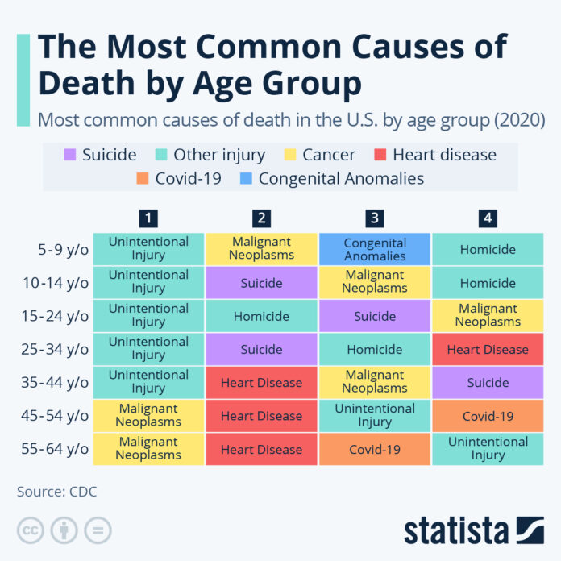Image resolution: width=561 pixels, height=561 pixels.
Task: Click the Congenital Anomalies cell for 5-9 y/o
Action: pos(375,250)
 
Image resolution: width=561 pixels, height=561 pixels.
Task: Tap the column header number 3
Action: pos(374,217)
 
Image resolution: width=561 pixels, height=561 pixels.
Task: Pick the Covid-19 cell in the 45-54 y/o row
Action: pos(488,416)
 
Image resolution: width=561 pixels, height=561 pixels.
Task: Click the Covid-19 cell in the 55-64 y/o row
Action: pos(375,449)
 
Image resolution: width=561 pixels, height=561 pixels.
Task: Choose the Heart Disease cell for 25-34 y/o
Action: pos(488,349)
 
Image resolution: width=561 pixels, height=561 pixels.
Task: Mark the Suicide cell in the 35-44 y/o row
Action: pos(488,383)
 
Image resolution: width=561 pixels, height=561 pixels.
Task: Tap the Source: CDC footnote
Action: pos(57,491)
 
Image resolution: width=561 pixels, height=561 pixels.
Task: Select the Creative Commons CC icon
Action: pos(31,530)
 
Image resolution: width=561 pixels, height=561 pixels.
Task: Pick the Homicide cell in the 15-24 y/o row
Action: pos(261,316)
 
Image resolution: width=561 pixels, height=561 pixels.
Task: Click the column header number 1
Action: pos(148,217)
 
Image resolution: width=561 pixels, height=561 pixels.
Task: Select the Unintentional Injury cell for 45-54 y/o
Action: pos(375,416)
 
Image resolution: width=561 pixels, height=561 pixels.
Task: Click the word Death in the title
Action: pos(93,82)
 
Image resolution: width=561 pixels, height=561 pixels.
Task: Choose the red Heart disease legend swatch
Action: pos(378,154)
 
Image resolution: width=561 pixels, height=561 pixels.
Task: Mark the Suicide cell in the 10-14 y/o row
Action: pos(261,283)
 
